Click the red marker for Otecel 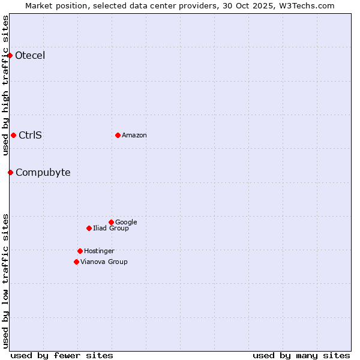(x=10, y=56)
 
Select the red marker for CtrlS (x=13, y=135)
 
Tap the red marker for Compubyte (x=10, y=173)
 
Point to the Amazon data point (x=118, y=135)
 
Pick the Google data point (x=111, y=222)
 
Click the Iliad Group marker (x=89, y=228)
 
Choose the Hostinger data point (x=80, y=251)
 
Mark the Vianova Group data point (x=76, y=262)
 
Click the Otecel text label (x=30, y=56)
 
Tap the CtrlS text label (x=30, y=135)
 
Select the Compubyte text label (x=43, y=173)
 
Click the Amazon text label (x=134, y=135)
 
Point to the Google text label (x=126, y=222)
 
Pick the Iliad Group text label (x=111, y=228)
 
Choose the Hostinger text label (x=99, y=251)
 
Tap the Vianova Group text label (x=104, y=262)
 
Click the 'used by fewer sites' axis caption (x=62, y=355)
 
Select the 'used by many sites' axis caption (x=301, y=355)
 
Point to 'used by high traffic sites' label (x=5, y=85)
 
